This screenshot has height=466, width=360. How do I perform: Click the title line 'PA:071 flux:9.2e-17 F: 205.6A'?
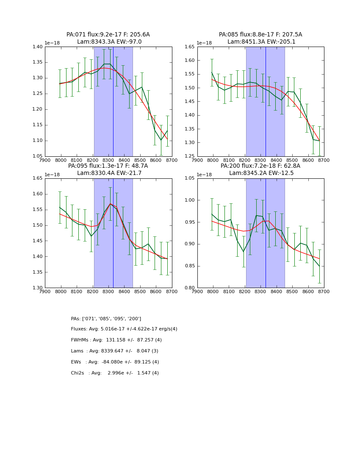[108, 35]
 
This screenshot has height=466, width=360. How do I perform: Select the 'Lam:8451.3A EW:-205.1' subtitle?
[260, 42]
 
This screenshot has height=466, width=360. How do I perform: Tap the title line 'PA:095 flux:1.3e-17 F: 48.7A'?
[108, 166]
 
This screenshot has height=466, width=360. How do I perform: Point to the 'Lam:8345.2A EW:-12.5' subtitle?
[260, 173]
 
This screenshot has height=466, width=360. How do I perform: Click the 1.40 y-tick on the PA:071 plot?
[37, 47]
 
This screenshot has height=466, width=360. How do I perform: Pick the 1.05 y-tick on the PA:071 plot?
[37, 156]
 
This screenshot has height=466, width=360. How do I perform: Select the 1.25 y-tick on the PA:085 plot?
[190, 156]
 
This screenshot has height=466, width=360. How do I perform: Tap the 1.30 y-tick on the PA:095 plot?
[37, 288]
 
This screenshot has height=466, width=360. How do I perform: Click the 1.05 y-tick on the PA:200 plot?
[190, 178]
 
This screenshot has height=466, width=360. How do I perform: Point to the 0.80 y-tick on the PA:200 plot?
[190, 288]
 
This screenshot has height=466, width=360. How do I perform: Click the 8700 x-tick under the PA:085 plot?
[324, 161]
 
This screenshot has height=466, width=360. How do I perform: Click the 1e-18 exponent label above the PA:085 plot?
[204, 43]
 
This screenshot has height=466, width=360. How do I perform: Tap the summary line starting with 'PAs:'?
[106, 319]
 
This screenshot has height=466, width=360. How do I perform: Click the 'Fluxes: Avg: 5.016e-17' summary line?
[124, 329]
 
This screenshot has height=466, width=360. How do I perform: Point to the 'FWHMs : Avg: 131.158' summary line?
[116, 340]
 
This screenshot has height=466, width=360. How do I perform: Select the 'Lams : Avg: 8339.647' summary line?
[114, 351]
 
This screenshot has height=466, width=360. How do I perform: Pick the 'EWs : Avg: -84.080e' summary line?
[115, 362]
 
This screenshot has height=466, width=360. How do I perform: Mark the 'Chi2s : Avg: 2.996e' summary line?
[115, 373]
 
